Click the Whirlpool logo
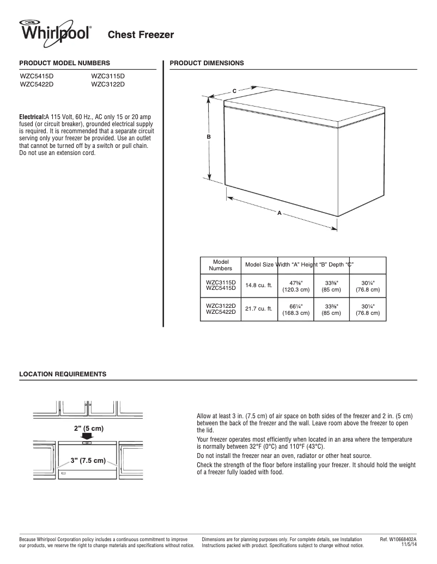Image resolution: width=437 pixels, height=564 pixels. (55, 31)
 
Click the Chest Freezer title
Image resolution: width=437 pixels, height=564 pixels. (141, 35)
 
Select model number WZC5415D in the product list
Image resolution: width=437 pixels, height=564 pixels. (37, 77)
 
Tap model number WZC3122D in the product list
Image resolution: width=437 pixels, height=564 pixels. (108, 84)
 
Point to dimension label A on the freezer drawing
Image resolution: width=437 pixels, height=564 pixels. (279, 213)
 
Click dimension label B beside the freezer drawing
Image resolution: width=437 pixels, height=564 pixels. (209, 137)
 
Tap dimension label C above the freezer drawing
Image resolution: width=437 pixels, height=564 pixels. (234, 90)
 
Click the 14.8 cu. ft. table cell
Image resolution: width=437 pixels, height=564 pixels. (258, 286)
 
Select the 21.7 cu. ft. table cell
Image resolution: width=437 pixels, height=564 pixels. (258, 309)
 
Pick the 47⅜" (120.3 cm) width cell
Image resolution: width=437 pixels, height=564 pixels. (296, 286)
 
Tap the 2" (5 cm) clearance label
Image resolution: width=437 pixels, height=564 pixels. (89, 428)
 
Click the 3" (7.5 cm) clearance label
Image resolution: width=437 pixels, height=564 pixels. (88, 461)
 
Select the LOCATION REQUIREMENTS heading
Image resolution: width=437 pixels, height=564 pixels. (63, 374)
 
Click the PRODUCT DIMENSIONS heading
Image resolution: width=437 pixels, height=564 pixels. (207, 63)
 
